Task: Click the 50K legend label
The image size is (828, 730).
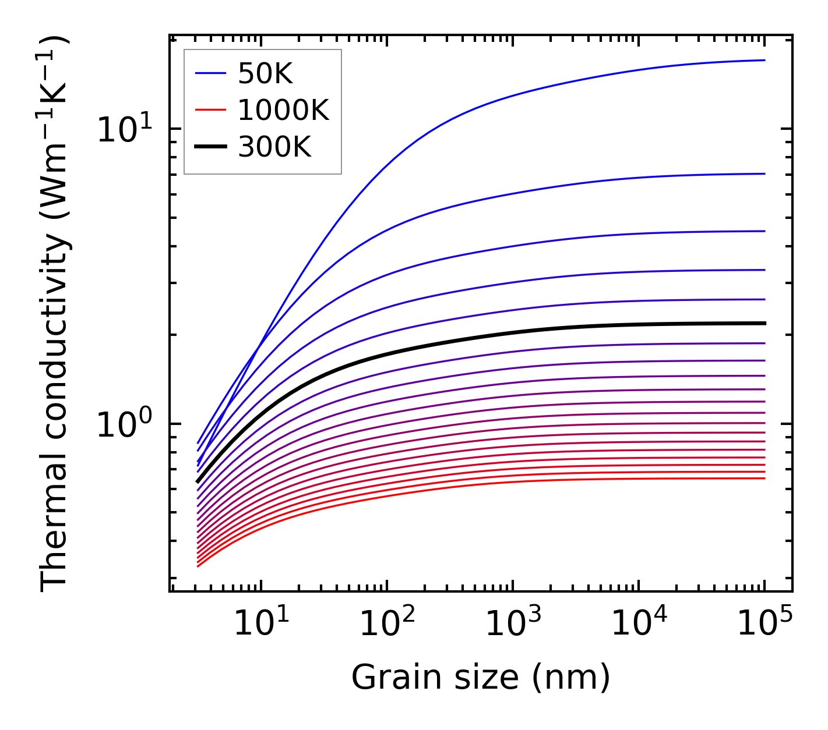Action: (x=265, y=74)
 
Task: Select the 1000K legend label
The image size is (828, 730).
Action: (x=283, y=110)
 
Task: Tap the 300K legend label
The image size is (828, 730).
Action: (x=274, y=147)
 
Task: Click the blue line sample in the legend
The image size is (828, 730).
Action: (x=210, y=73)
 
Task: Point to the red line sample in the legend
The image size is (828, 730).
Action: (x=210, y=110)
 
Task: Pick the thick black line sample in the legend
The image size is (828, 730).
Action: (x=210, y=147)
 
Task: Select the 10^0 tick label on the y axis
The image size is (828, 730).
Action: (x=124, y=424)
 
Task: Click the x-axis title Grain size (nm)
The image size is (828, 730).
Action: (x=481, y=677)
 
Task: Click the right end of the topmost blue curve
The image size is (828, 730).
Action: (x=764, y=60)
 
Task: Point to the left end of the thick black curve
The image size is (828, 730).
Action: (x=198, y=481)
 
